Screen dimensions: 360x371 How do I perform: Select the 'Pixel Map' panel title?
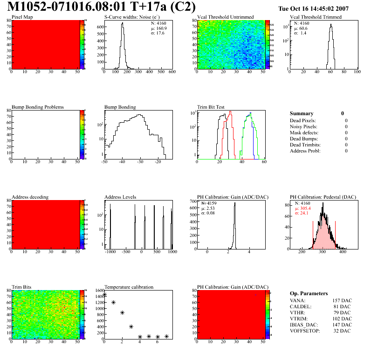pyautogui.click(x=22, y=17)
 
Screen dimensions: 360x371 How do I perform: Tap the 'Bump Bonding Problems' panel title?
pyautogui.click(x=38, y=107)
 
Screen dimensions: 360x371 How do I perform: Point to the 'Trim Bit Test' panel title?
pyautogui.click(x=211, y=107)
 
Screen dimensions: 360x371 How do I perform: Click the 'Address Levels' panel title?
pyautogui.click(x=120, y=197)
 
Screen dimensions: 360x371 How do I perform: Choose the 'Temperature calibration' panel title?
pyautogui.click(x=129, y=287)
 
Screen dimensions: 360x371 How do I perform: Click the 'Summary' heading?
pyautogui.click(x=302, y=113)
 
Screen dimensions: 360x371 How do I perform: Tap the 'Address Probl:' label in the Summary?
pyautogui.click(x=305, y=151)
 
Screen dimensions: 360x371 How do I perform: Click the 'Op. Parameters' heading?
pyautogui.click(x=309, y=293)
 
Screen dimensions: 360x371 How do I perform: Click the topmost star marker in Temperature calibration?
pyautogui.click(x=104, y=295)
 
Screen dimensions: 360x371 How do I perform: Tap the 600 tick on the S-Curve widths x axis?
pyautogui.click(x=172, y=72)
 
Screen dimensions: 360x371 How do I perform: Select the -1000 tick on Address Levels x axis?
pyautogui.click(x=110, y=251)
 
